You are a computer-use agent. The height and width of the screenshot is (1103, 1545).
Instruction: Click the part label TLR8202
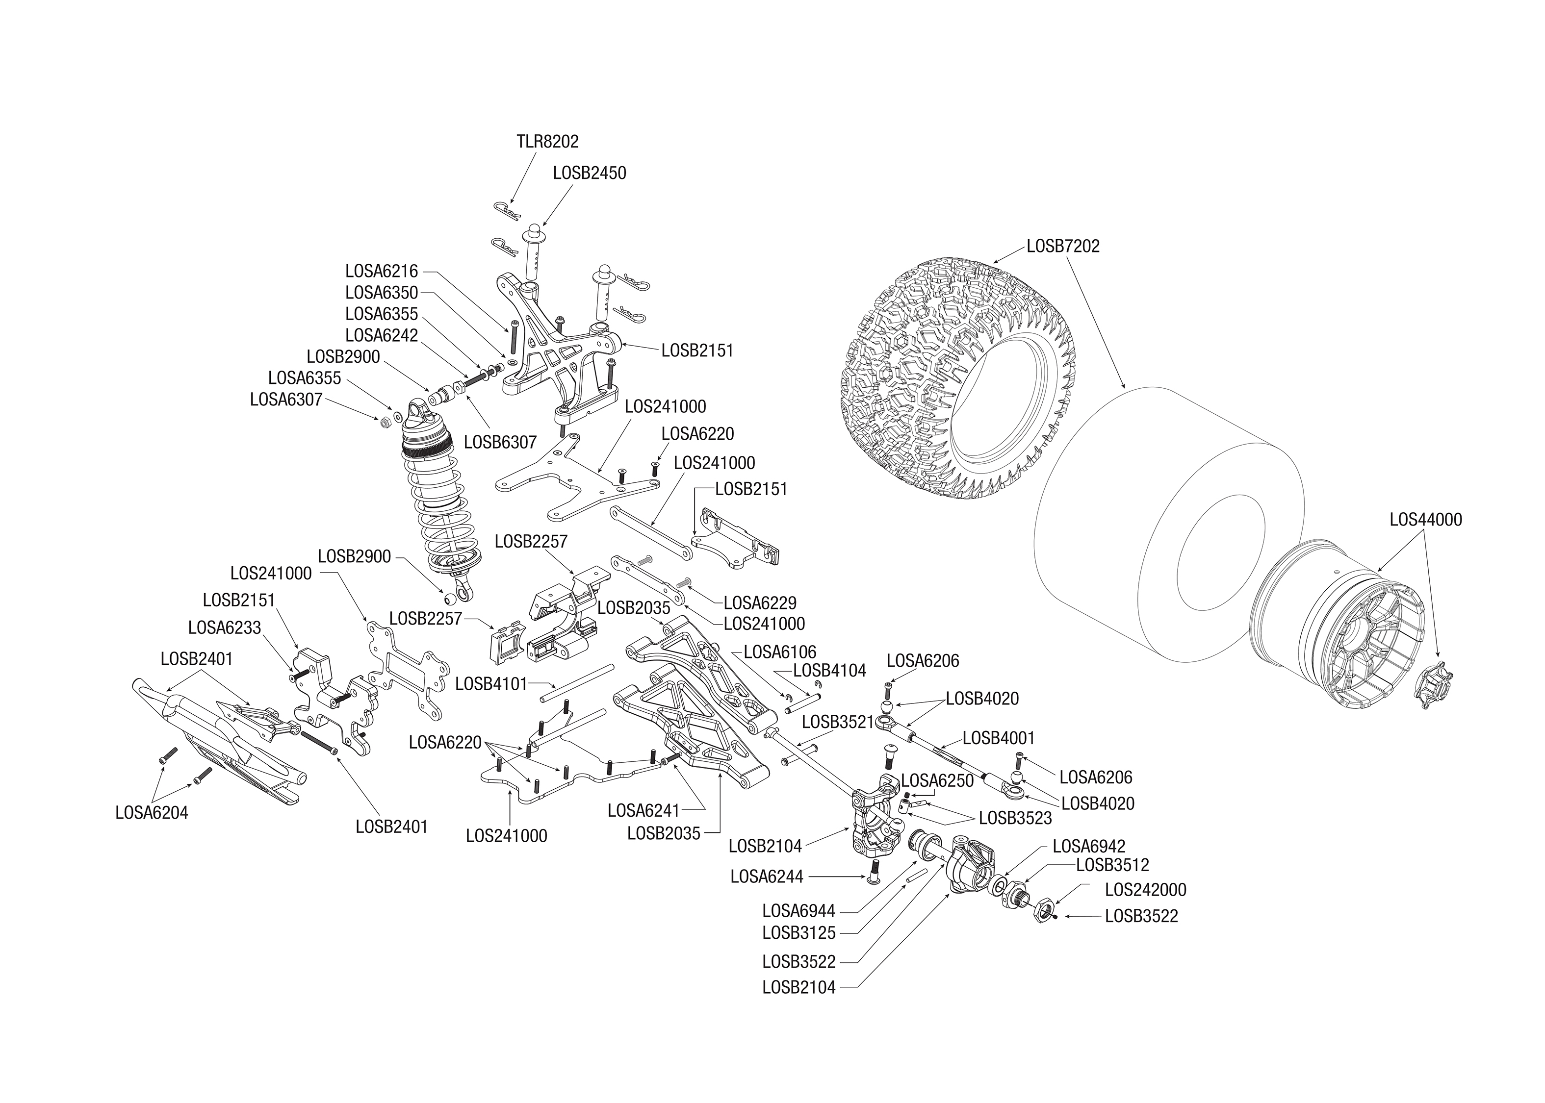point(547,141)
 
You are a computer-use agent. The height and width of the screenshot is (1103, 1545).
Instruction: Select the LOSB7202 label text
point(1062,246)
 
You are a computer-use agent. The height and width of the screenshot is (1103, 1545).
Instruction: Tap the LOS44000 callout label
point(1425,520)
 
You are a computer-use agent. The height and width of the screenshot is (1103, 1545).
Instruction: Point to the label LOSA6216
point(381,271)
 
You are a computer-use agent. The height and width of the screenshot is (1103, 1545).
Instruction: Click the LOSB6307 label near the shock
point(500,442)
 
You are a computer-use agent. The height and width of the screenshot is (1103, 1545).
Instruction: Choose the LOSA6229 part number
point(760,602)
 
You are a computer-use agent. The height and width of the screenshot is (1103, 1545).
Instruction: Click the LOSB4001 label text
point(999,738)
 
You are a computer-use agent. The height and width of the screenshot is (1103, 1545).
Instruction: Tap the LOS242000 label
point(1145,890)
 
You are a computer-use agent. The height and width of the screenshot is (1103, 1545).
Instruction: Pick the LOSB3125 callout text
point(798,932)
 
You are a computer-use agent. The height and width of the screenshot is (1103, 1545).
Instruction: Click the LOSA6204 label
point(152,812)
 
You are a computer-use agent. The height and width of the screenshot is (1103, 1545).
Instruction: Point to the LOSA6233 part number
point(224,627)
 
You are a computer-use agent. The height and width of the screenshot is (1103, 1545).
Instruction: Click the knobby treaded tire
point(951,374)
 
